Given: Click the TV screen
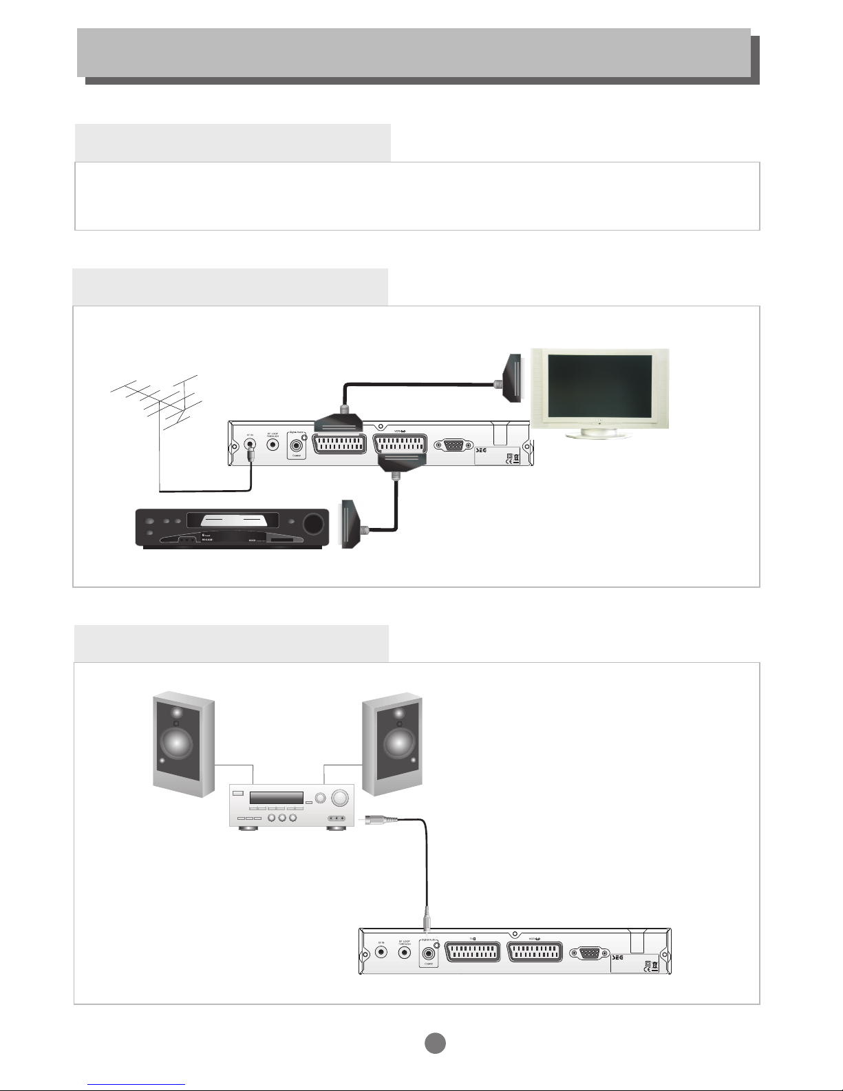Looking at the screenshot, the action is point(599,385).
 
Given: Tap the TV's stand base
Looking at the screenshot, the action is point(599,434).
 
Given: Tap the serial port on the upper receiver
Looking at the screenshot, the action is point(454,445).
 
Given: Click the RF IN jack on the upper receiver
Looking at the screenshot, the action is point(250,444).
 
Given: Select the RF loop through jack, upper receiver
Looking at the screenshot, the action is point(274,445).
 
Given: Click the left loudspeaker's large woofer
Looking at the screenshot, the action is point(177,743).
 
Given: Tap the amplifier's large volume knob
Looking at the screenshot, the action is point(340,799).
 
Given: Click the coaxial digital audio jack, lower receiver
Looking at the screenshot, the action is point(430,953).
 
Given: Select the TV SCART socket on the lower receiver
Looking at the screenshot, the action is point(473,953).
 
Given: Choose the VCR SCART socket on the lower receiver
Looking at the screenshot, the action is point(535,953).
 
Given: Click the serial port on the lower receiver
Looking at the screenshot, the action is point(590,953).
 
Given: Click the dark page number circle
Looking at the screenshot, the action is point(434,1043).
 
